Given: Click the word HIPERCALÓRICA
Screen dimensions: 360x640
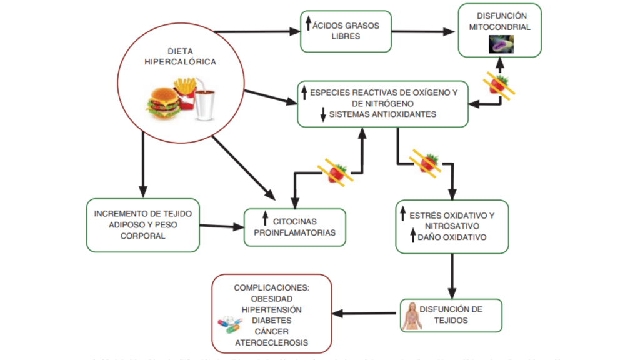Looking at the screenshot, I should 180,62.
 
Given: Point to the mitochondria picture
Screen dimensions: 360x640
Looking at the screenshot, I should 499,42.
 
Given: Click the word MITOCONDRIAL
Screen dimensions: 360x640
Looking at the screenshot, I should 499,27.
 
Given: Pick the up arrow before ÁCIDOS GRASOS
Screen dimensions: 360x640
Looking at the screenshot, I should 309,24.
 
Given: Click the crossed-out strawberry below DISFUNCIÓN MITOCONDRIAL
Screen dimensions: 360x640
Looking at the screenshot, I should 499,85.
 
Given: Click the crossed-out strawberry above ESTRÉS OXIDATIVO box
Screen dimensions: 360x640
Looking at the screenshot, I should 429,162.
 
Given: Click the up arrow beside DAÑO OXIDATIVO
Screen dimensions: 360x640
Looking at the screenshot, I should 412,236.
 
